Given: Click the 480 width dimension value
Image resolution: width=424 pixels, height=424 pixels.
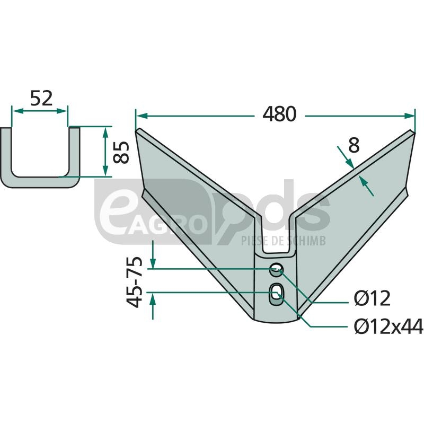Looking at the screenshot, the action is pyautogui.click(x=279, y=114).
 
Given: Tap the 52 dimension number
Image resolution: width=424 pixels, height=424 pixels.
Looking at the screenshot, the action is pyautogui.click(x=41, y=99).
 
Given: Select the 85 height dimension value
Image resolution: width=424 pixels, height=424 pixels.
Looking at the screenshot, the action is pyautogui.click(x=121, y=152).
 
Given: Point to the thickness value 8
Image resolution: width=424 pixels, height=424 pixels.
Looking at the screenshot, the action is pyautogui.click(x=354, y=145).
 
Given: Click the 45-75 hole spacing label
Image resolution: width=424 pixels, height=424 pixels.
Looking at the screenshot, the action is pyautogui.click(x=135, y=282).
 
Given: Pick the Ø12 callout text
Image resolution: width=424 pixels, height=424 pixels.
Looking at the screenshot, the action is pyautogui.click(x=372, y=298).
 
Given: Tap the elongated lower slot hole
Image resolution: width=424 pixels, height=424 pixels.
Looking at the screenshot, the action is pyautogui.click(x=276, y=295).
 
